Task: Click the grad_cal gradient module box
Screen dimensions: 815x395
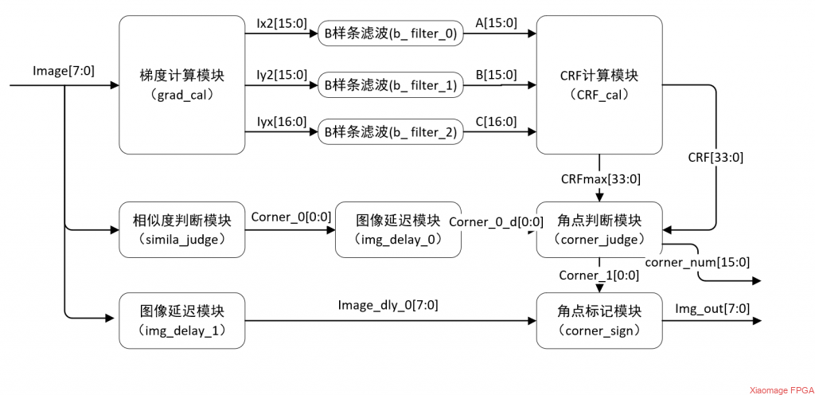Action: (x=182, y=84)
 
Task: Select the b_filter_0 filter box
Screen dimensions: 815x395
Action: (x=390, y=34)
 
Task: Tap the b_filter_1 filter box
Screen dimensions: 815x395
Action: (x=390, y=84)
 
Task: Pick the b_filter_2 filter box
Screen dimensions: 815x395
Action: (x=390, y=132)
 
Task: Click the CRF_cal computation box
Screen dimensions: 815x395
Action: (x=600, y=84)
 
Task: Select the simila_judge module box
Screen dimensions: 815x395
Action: (x=182, y=229)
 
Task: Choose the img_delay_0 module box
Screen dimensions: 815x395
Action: (x=398, y=229)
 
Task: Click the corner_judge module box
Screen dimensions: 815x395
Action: (x=600, y=229)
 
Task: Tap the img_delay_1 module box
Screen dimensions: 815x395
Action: (x=182, y=321)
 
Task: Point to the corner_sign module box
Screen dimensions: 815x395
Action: (x=600, y=321)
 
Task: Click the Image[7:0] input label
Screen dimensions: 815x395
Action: (x=64, y=71)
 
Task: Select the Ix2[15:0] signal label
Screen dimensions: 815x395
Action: (x=283, y=23)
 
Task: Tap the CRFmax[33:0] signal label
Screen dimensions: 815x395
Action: (x=601, y=180)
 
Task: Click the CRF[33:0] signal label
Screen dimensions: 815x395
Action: (x=716, y=158)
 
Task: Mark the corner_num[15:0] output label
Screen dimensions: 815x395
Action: (x=697, y=263)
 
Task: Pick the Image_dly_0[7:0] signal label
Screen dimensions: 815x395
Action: (x=388, y=306)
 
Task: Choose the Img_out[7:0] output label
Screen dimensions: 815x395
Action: (x=712, y=309)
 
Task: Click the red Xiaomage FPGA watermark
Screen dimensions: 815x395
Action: (x=782, y=389)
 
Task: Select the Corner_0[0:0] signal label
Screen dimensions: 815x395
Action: (x=291, y=217)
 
